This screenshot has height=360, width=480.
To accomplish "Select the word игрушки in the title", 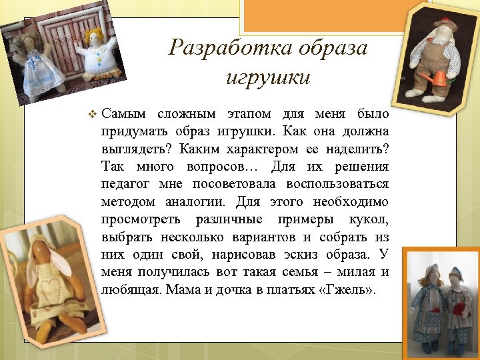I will coord(268,77).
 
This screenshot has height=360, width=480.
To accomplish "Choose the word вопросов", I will coord(217,166).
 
